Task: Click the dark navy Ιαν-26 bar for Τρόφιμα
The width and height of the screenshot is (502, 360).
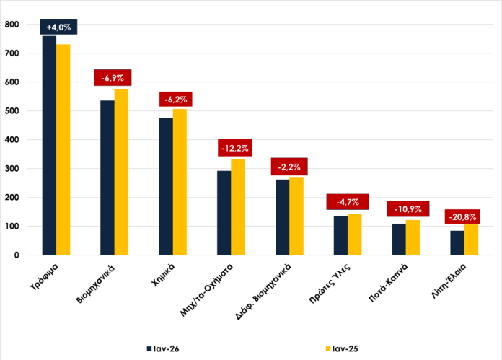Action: (49, 144)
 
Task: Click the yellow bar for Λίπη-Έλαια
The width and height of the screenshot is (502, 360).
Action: (471, 240)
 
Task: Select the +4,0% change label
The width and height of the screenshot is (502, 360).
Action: (58, 27)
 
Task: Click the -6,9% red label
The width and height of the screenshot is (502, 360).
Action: (113, 77)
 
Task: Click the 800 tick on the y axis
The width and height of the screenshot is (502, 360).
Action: (12, 25)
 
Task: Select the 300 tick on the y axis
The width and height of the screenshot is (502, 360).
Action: (12, 169)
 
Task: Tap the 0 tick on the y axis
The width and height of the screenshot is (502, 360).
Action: (17, 255)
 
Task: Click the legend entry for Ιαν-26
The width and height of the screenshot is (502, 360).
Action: (163, 348)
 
